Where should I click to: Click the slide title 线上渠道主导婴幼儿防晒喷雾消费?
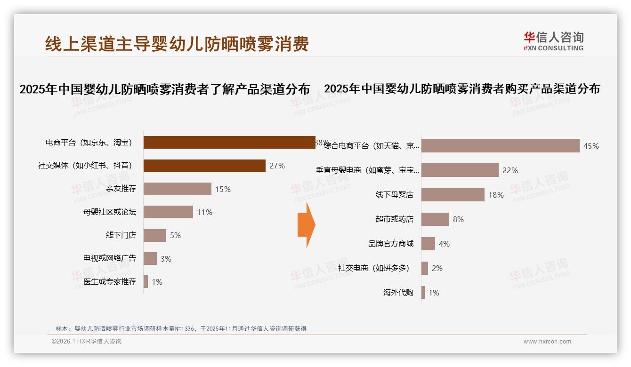click(177, 44)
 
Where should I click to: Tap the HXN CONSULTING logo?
click(553, 41)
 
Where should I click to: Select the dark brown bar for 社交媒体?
click(204, 166)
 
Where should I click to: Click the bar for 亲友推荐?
click(177, 189)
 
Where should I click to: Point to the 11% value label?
click(205, 212)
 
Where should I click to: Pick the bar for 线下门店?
click(154, 235)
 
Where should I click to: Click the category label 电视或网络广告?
click(110, 258)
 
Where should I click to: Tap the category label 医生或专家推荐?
click(110, 282)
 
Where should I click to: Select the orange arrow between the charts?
click(306, 225)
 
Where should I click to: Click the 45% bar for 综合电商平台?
click(500, 146)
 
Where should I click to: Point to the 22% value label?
click(510, 170)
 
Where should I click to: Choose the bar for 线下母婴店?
click(453, 195)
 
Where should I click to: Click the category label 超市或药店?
click(395, 219)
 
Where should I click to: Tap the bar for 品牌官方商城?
click(428, 244)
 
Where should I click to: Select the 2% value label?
click(437, 268)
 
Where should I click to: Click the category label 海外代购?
click(398, 293)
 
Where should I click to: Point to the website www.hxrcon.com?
click(547, 342)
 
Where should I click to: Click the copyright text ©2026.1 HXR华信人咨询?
click(87, 342)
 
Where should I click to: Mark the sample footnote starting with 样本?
click(181, 328)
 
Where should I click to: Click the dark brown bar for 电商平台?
click(229, 142)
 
